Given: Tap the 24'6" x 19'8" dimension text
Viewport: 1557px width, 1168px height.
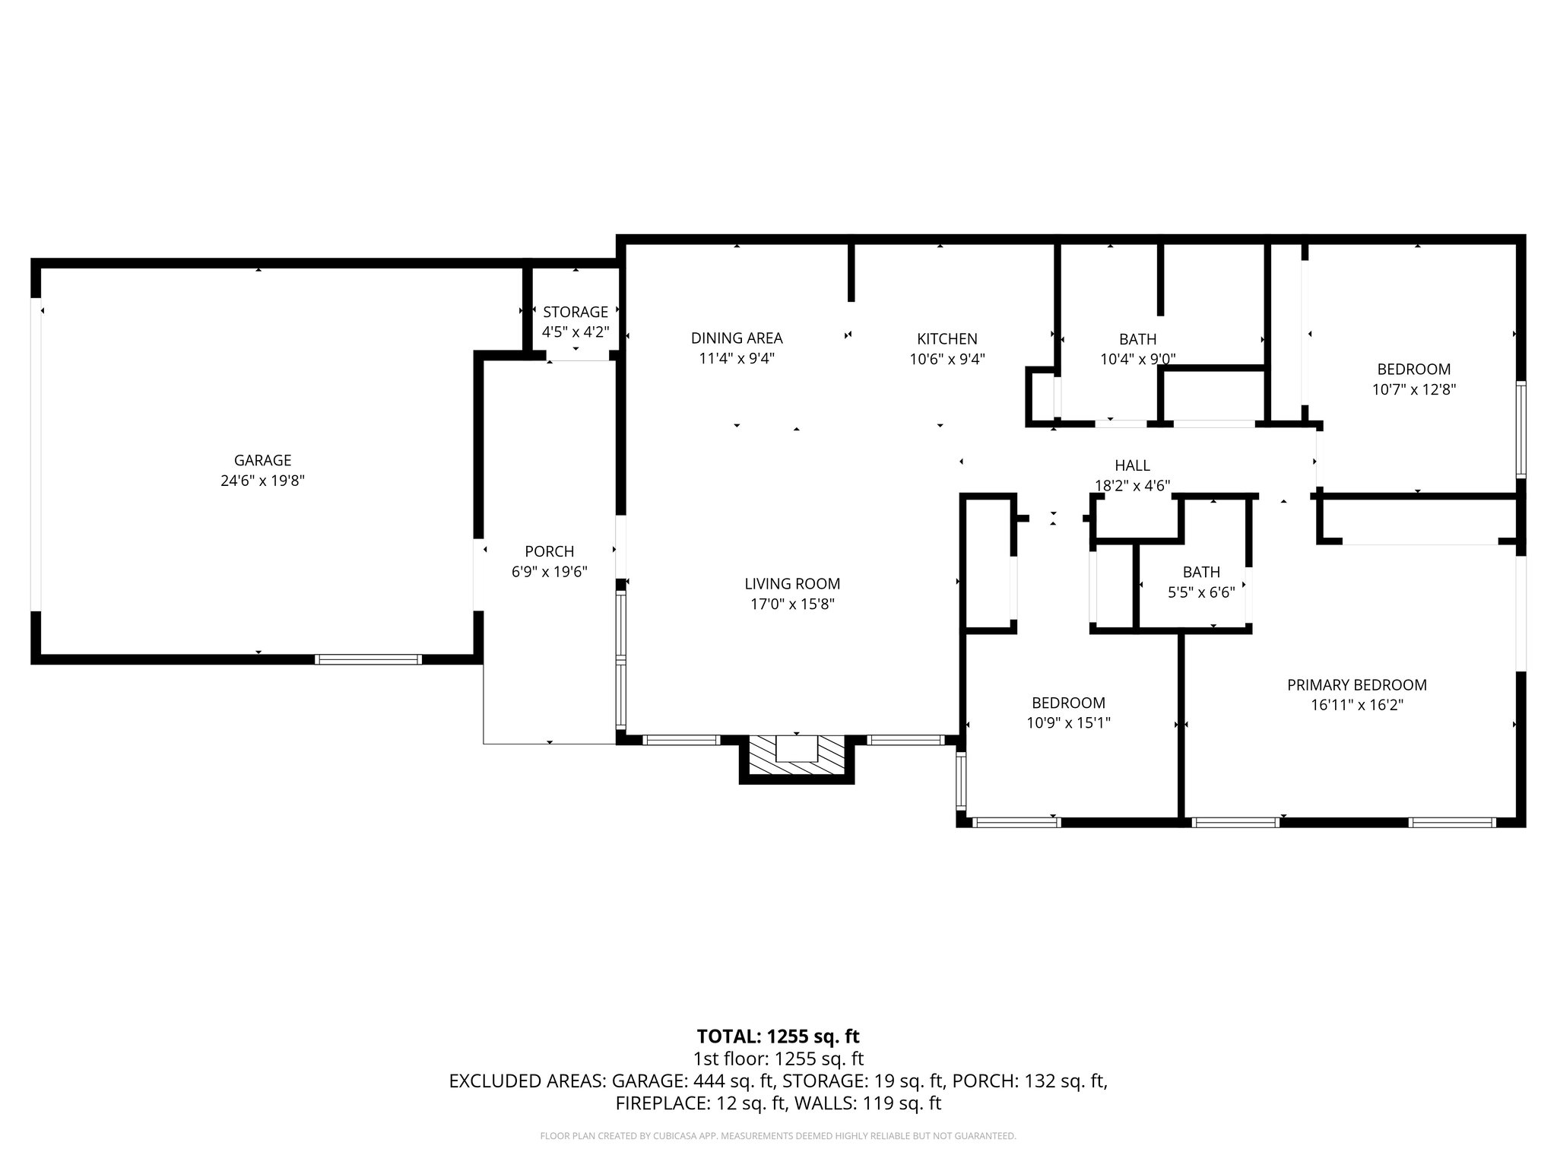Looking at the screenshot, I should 262,481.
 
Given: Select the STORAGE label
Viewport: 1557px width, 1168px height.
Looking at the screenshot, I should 576,312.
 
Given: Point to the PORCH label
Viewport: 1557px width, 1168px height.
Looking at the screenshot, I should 549,551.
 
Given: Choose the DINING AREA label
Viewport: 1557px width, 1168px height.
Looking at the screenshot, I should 736,338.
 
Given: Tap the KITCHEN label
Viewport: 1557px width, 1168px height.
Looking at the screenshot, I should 947,338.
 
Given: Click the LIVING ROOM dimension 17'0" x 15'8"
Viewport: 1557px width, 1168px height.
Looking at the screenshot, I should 792,605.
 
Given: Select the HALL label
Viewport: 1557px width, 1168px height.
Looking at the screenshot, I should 1132,465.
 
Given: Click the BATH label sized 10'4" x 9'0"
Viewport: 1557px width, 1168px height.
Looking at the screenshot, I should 1137,339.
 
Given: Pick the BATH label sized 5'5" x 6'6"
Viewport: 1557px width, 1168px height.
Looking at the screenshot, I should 1200,572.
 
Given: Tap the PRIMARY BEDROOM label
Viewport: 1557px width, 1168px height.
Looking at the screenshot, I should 1356,684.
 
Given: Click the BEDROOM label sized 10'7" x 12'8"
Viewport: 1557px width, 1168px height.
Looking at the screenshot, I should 1413,370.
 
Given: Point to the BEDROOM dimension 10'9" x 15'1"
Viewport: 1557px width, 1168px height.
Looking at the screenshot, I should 1068,723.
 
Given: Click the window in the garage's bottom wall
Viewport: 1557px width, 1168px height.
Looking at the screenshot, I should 368,659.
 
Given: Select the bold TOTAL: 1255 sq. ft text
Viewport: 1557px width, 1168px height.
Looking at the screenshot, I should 778,1036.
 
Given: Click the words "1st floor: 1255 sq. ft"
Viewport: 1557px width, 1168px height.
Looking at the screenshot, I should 778,1058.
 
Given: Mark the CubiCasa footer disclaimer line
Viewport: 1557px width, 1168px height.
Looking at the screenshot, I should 778,1136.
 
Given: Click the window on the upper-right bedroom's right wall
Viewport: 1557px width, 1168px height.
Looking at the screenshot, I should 1521,429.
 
